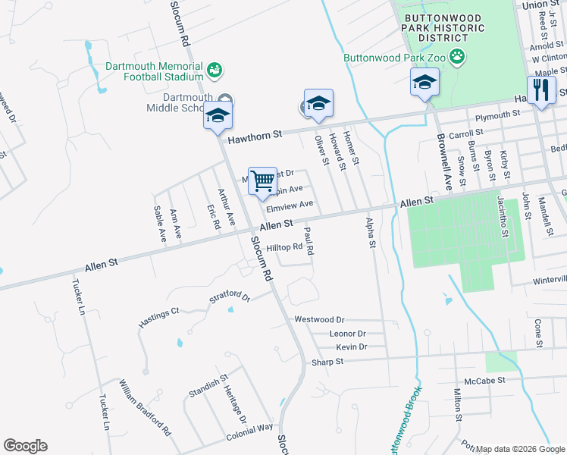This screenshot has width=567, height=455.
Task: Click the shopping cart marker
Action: pyautogui.click(x=262, y=183)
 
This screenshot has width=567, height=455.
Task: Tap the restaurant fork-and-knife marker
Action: pyautogui.click(x=541, y=92)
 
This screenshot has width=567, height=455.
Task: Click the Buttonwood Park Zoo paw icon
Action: pyautogui.click(x=457, y=55)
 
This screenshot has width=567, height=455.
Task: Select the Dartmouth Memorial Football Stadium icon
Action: pyautogui.click(x=215, y=70)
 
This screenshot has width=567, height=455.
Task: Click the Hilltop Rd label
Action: pyautogui.click(x=284, y=246)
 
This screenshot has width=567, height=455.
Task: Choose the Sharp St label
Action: pyautogui.click(x=327, y=362)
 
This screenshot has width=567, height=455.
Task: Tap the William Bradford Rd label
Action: pyautogui.click(x=144, y=408)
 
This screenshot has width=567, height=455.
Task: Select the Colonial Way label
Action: pyautogui.click(x=249, y=432)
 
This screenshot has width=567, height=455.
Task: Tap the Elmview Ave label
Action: pyautogui.click(x=290, y=204)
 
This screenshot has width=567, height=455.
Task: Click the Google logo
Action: pyautogui.click(x=25, y=446)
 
